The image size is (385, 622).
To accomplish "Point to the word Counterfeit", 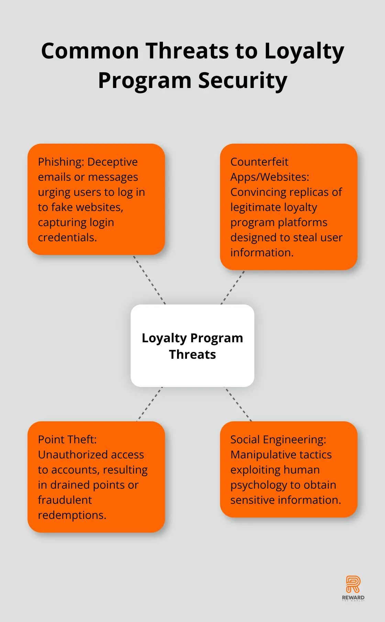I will point(259,162).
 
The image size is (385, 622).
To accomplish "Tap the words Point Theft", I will point(67,440).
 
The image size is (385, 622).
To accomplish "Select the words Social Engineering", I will point(278,440).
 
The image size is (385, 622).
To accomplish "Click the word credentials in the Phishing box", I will point(67,237).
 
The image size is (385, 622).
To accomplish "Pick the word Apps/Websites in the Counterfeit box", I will point(269,177).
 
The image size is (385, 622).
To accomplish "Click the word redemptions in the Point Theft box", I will point(72,515).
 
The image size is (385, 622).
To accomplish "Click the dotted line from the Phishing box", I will point(150,280).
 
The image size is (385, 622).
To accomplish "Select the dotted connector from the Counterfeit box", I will point(233,287).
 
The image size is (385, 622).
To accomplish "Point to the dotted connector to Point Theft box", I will point(150,404).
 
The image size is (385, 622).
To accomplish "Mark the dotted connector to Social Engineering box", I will point(238,404).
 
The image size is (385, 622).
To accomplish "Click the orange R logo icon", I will point(353,584).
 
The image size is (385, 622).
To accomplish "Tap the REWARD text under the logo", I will point(353,598).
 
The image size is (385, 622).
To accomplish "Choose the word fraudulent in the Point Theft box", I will point(65,500).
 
